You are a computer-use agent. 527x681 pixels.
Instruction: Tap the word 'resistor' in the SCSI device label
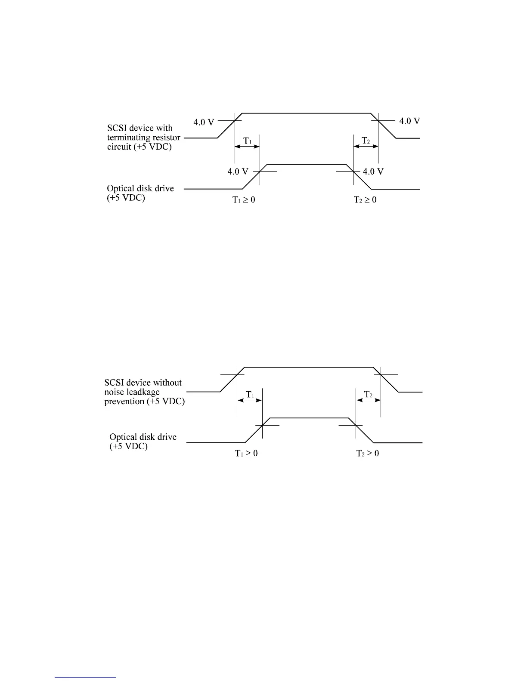click(x=164, y=138)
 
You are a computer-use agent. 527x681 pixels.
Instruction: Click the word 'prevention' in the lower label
click(x=124, y=402)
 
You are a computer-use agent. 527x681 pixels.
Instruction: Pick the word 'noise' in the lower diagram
click(x=114, y=392)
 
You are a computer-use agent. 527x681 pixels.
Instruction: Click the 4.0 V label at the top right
click(x=409, y=121)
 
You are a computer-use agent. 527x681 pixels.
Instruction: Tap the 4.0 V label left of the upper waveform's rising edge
click(x=204, y=122)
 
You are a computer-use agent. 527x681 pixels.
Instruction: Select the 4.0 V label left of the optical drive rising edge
click(x=238, y=172)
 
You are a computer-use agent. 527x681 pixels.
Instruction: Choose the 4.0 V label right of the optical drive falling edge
click(x=373, y=172)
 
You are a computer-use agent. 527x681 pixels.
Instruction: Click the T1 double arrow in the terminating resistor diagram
click(x=247, y=147)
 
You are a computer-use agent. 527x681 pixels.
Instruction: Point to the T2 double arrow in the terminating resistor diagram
click(x=366, y=147)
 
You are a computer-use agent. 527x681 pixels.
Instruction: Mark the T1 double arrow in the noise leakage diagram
click(x=249, y=400)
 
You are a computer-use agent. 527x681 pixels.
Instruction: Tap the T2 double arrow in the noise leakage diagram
click(x=369, y=400)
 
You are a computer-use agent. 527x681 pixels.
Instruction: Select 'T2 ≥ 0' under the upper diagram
click(x=365, y=200)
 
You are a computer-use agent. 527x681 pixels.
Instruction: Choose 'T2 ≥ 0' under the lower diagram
click(x=368, y=454)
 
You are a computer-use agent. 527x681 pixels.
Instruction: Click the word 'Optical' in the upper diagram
click(x=121, y=189)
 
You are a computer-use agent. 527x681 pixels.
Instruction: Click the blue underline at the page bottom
click(x=86, y=677)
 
